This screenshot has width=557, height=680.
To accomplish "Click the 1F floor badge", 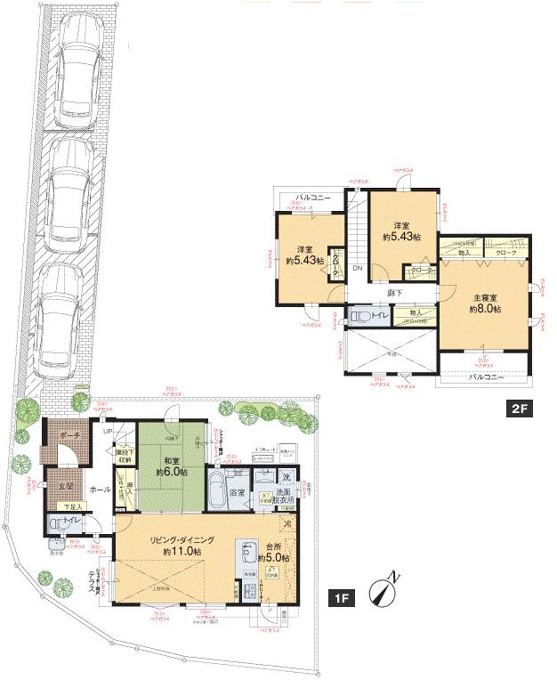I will (x=342, y=598).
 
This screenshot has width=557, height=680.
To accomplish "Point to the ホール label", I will (x=100, y=490).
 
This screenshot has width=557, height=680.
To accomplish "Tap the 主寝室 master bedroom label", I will (x=486, y=302).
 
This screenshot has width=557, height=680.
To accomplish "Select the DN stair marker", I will (x=357, y=268).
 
